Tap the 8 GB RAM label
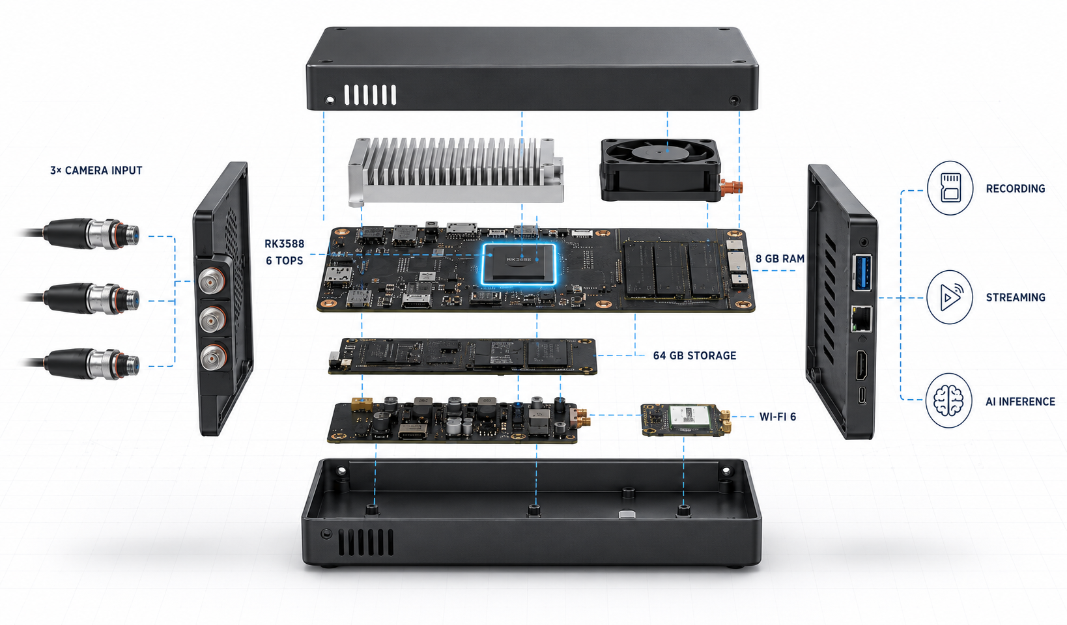(780, 258)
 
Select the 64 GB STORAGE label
(694, 355)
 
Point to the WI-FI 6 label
(777, 417)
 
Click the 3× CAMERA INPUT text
(96, 171)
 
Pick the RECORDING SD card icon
(950, 188)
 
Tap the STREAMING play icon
(950, 297)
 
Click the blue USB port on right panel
(863, 271)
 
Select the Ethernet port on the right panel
(862, 318)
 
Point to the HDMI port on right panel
(862, 365)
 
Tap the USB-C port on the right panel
(862, 395)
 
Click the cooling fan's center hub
(659, 152)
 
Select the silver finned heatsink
(456, 171)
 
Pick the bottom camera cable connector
(91, 363)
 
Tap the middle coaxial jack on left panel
(212, 320)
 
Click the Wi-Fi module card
(686, 420)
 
